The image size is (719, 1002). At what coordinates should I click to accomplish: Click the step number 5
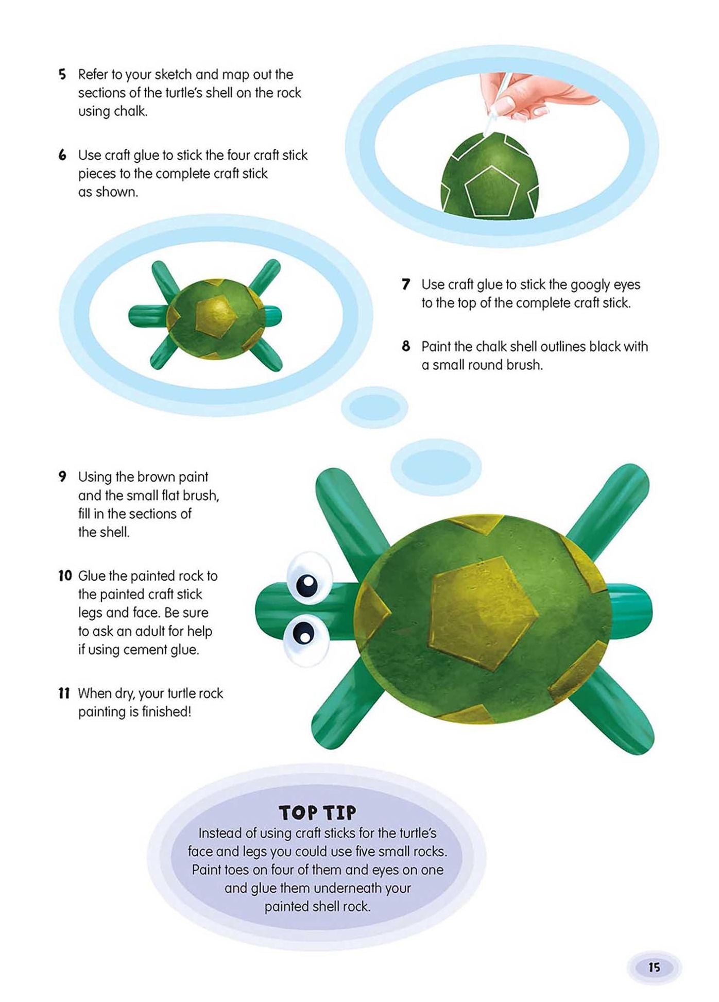tap(62, 74)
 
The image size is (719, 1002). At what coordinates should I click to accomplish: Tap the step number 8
tap(406, 346)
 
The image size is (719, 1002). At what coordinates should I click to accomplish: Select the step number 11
tap(64, 693)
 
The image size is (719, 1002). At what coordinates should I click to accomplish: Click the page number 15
tap(654, 967)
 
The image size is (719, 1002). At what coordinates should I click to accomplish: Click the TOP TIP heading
tap(317, 812)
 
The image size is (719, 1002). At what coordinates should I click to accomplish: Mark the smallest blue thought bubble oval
tap(374, 407)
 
